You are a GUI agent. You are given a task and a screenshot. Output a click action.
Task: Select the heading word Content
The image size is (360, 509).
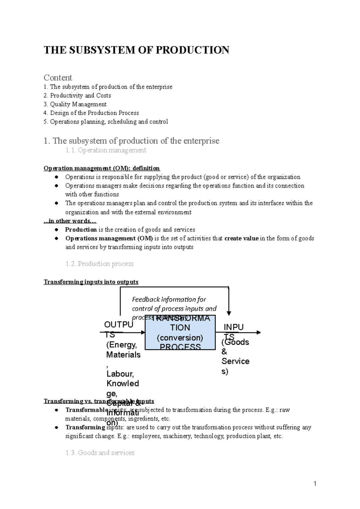coord(58,78)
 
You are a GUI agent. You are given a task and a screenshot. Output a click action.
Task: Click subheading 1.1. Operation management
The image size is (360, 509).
coord(106,150)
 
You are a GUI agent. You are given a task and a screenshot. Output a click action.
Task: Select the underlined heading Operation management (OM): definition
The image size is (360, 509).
coord(102,168)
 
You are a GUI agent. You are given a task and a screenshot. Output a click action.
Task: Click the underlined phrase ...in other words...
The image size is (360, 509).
coord(70,221)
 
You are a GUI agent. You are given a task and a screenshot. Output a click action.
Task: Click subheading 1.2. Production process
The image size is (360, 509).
coord(99,264)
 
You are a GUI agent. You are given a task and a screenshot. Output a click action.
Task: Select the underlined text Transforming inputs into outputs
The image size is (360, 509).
coord(91,282)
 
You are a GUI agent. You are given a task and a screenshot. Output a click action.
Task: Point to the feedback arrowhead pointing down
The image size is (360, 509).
coord(229,313)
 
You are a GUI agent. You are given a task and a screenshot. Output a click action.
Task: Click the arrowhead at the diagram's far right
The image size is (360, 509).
coord(259,332)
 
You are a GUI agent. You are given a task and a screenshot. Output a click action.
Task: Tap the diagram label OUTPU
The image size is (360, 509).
coord(118,325)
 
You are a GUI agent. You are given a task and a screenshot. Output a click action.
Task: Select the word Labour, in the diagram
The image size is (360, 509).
coord(120,374)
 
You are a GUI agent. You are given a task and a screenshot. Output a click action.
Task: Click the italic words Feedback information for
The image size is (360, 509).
coord(169,299)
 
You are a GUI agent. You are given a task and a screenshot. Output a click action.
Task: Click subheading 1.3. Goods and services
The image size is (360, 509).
coord(100,453)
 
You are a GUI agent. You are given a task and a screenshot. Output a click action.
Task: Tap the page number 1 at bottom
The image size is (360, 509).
coord(315,484)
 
